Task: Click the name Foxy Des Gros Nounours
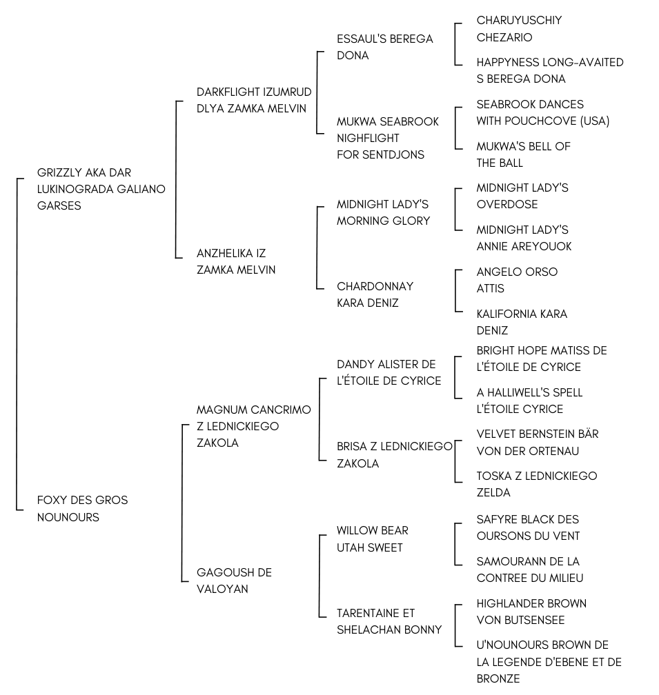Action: tap(82, 509)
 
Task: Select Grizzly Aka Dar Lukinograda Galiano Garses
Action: tap(101, 189)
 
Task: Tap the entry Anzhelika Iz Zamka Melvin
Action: tap(236, 262)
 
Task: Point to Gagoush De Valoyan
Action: tap(234, 581)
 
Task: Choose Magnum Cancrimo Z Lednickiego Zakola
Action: tap(253, 426)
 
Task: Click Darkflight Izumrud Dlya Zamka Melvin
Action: tap(253, 100)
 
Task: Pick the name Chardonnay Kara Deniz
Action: tap(375, 294)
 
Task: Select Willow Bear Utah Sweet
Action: tap(372, 539)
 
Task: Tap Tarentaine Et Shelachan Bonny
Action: tap(389, 621)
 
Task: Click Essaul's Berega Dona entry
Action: tap(384, 47)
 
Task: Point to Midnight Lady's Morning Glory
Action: tap(383, 212)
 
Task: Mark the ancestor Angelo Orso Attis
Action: tap(517, 280)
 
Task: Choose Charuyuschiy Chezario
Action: tap(519, 29)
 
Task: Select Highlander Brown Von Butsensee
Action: tap(531, 612)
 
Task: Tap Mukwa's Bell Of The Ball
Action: tap(523, 154)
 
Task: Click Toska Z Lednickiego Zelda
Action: tap(536, 484)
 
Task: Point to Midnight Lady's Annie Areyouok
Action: tap(524, 238)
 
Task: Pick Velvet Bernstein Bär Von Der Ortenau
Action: tap(537, 443)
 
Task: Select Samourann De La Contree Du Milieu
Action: tap(529, 570)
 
